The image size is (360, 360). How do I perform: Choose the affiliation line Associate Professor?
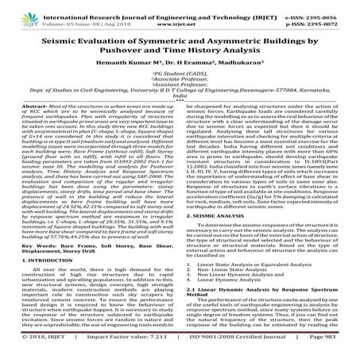(x=180, y=87)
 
